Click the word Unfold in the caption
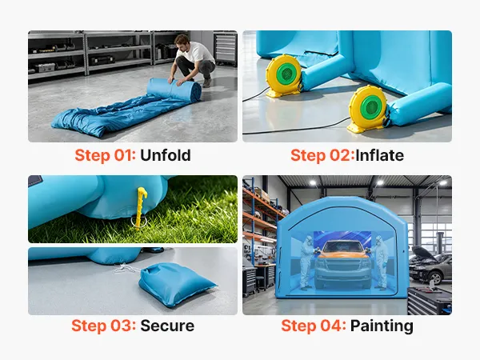pos(166,155)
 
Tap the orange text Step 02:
pos(322,155)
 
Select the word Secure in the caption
pos(167,326)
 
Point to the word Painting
pos(382,326)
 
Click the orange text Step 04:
pos(314,326)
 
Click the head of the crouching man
pos(182,41)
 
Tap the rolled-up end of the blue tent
pos(174,89)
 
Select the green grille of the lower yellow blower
pos(370,107)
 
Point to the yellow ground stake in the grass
pos(141,208)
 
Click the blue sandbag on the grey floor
pos(176,284)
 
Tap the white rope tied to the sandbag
pos(126,269)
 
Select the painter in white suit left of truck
pos(306,262)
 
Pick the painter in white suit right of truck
pos(381,262)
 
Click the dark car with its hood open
pos(430,265)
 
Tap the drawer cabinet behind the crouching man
pos(226,48)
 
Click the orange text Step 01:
pos(106,155)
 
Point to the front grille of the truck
pos(342,266)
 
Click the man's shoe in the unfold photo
pos(206,83)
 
